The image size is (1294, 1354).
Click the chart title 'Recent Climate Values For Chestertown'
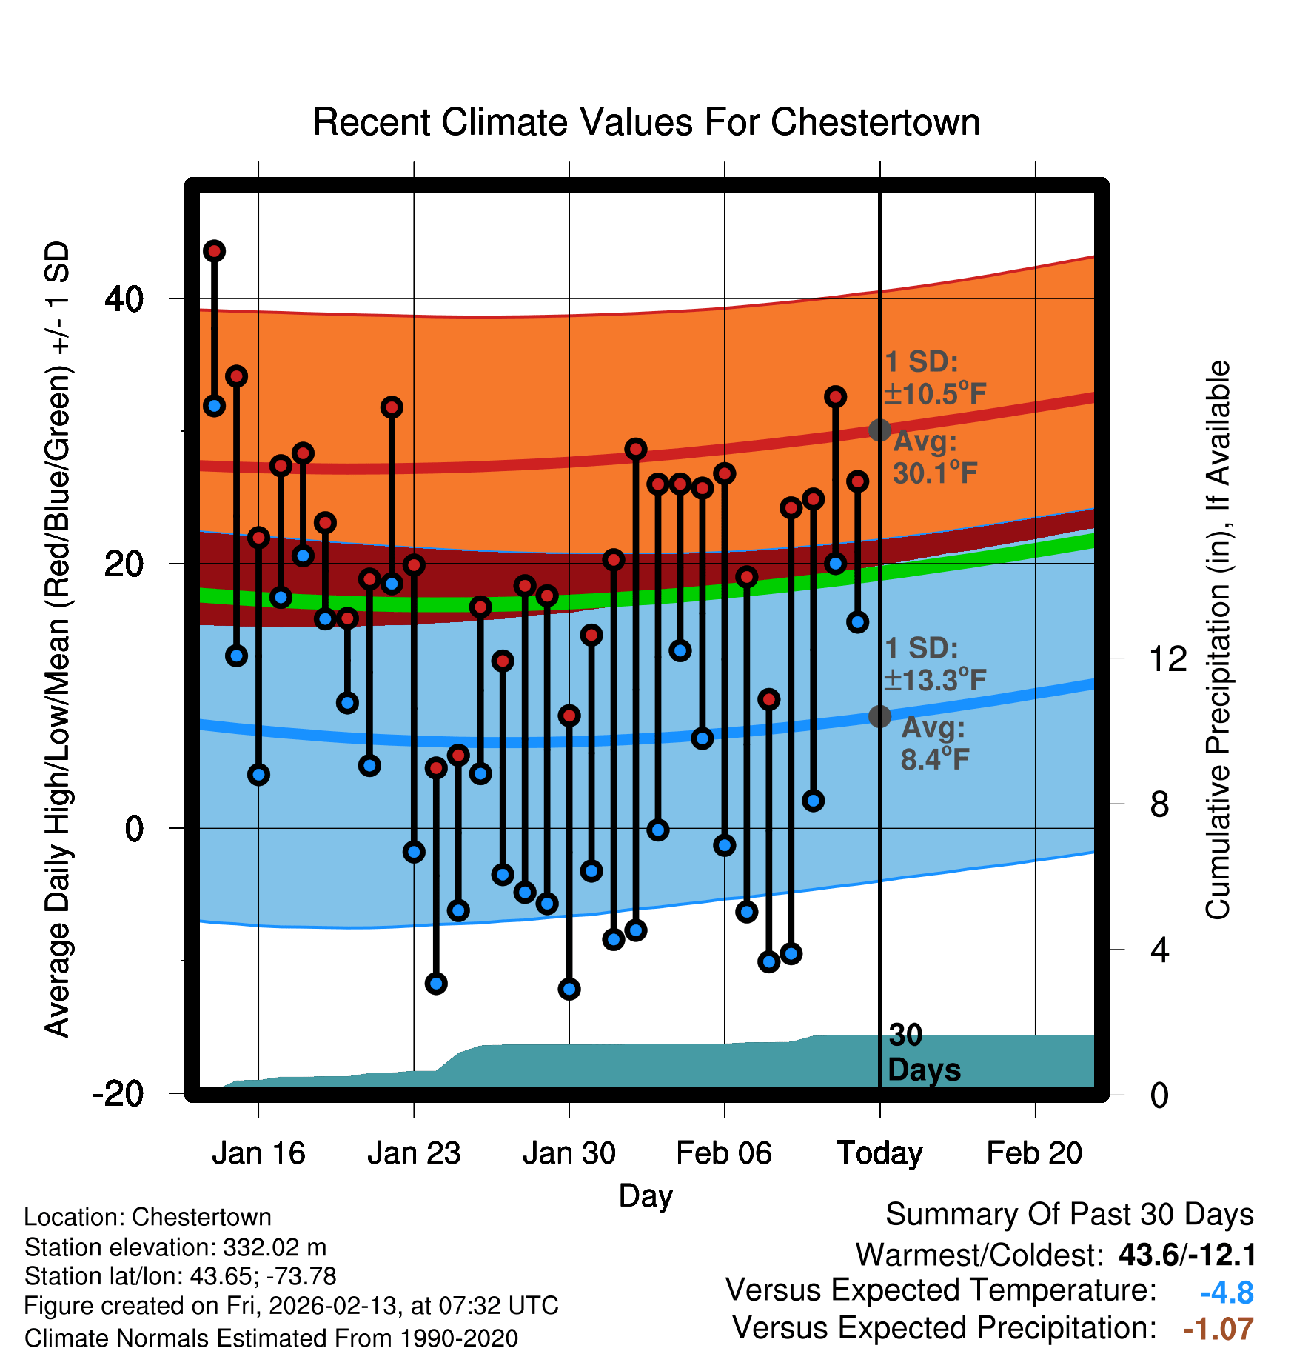(x=646, y=122)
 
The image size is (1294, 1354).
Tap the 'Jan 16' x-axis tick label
(x=258, y=1153)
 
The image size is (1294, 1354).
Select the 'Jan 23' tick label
(x=414, y=1153)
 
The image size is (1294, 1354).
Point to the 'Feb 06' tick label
(x=724, y=1153)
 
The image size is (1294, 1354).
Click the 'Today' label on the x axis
(x=879, y=1153)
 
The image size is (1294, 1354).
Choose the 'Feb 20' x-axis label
(x=1034, y=1153)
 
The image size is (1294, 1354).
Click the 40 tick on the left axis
(x=124, y=299)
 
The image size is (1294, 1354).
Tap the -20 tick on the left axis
(x=118, y=1093)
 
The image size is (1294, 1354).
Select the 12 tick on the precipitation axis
(x=1168, y=658)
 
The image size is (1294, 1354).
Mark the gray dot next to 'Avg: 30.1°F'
(x=879, y=430)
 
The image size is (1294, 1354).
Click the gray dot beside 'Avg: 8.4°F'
(x=879, y=716)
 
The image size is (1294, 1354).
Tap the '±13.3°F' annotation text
(x=936, y=680)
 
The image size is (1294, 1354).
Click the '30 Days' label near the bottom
(x=923, y=1053)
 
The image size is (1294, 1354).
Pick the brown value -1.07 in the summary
(x=1218, y=1330)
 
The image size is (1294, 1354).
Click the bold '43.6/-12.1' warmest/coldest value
(x=1187, y=1255)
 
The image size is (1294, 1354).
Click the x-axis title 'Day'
(x=646, y=1195)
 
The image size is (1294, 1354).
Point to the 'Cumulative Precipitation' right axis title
(x=1218, y=640)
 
